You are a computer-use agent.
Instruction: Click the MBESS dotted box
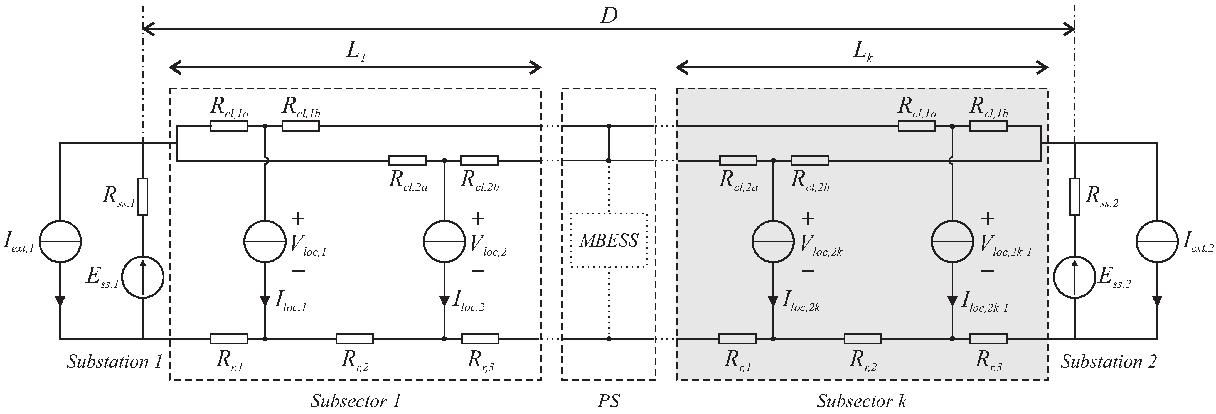(x=609, y=240)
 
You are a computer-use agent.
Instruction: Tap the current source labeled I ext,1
(x=60, y=241)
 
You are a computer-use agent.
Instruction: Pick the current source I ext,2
(x=1157, y=241)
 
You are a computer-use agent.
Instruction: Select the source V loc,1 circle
(x=265, y=241)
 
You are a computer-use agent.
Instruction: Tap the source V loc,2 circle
(x=444, y=241)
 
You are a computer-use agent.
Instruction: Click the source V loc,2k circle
(x=773, y=241)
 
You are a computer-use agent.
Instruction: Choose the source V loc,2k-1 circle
(x=952, y=241)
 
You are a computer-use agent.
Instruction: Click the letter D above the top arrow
(x=609, y=16)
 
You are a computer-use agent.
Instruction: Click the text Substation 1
(x=114, y=362)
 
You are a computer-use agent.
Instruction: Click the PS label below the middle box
(x=609, y=401)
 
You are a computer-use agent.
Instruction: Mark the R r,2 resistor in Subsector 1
(x=355, y=339)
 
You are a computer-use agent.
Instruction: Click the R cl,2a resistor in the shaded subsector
(x=738, y=161)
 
